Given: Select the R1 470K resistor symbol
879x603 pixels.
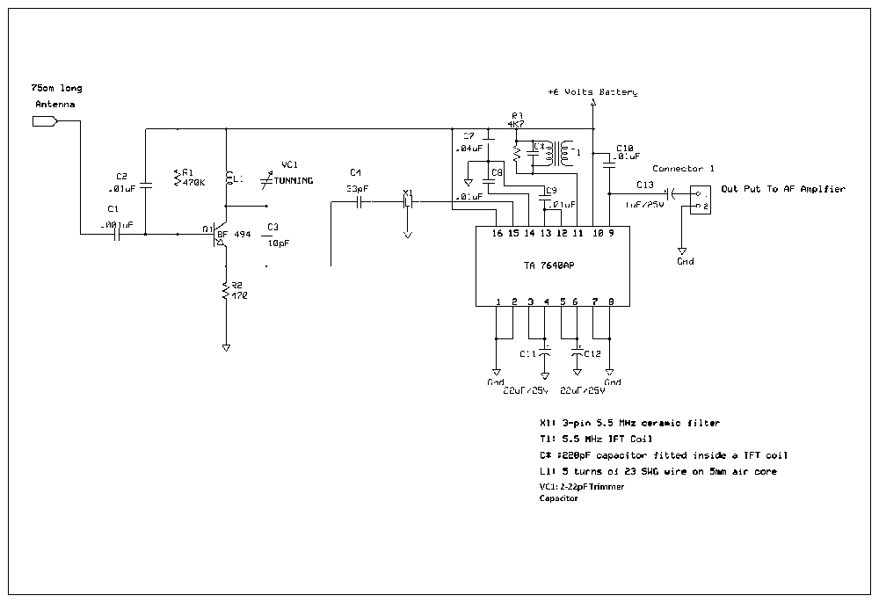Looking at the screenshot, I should click(x=178, y=178).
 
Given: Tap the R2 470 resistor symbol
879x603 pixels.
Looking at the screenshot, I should click(x=226, y=290).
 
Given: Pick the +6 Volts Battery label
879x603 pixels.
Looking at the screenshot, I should click(x=592, y=91).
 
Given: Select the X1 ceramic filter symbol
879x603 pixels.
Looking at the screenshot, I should click(x=407, y=202).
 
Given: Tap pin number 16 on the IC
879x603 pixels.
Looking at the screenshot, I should click(x=498, y=232).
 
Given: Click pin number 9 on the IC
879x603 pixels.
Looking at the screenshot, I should click(x=610, y=232).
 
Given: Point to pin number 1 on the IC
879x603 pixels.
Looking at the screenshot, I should click(x=498, y=301).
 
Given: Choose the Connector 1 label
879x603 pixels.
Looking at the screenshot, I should click(x=683, y=168).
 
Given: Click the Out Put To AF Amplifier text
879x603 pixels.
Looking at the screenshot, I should click(x=782, y=189).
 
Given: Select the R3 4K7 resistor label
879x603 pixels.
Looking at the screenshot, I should click(x=517, y=120).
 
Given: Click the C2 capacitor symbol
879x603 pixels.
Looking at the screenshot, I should click(x=146, y=185).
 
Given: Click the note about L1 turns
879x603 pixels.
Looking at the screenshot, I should click(x=657, y=472).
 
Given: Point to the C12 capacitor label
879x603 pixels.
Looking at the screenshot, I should click(x=592, y=353).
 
